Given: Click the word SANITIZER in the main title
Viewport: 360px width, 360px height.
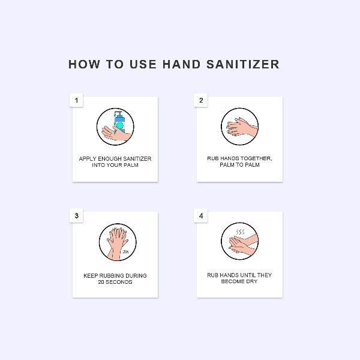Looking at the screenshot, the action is pyautogui.click(x=242, y=64).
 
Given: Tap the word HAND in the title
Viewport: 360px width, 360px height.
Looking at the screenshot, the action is pyautogui.click(x=181, y=64).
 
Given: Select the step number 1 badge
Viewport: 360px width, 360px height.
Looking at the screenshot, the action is pyautogui.click(x=76, y=100).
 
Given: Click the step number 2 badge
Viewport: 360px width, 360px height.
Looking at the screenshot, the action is pyautogui.click(x=201, y=100).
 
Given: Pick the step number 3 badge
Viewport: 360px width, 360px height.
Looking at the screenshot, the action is pyautogui.click(x=76, y=216).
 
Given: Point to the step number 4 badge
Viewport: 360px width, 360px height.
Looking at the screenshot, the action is pyautogui.click(x=201, y=216).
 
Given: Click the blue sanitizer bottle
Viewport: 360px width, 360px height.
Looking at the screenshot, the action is pyautogui.click(x=119, y=122).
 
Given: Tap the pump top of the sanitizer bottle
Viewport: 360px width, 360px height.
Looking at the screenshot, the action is pyautogui.click(x=118, y=113).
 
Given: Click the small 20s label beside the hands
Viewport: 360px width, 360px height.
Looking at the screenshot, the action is pyautogui.click(x=125, y=252).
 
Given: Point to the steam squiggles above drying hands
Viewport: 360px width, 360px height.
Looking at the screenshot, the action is pyautogui.click(x=240, y=232).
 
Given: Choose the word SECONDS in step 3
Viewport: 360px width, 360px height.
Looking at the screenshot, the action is pyautogui.click(x=118, y=282).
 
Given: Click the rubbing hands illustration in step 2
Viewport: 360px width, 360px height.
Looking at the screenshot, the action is pyautogui.click(x=242, y=127).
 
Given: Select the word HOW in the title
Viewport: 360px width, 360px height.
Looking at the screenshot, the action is pyautogui.click(x=84, y=64).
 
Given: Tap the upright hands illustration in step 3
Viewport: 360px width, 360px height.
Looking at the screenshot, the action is pyautogui.click(x=117, y=244).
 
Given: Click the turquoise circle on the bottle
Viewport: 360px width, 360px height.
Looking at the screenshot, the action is pyautogui.click(x=120, y=125).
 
